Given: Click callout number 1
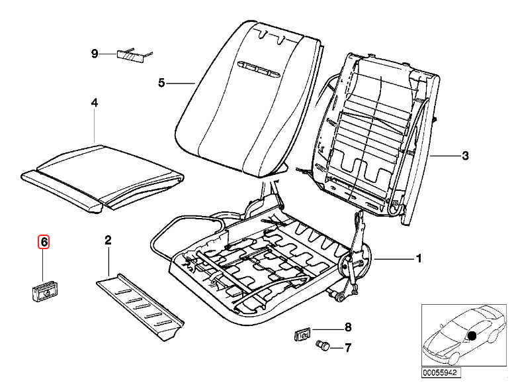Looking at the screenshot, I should pos(417,258).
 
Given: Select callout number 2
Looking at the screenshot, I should pos(108,239).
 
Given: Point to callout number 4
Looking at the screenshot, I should pos(94,103).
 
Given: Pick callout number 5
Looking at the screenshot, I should pos(161,83).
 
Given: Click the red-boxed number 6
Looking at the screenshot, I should pos(44,242).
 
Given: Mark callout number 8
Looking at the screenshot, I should pos(348,327).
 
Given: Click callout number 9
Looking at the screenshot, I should pos(94,53).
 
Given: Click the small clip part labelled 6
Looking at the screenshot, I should pos(44,290).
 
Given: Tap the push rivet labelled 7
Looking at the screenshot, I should pos(325,345).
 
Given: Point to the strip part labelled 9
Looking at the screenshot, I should pos(130,54).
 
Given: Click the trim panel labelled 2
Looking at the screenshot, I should pos(139,302).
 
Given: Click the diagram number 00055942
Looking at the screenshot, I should pos(437,374).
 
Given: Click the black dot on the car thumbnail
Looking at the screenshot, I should pos(472,335).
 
